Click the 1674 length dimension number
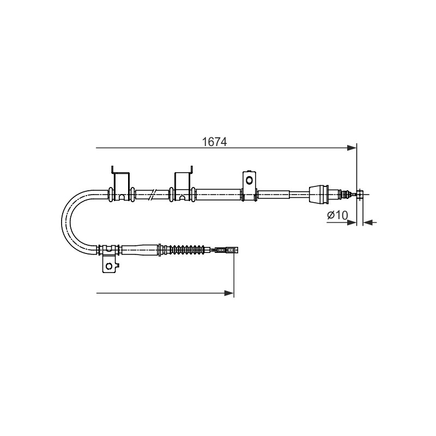point(214,142)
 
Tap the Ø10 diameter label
point(337,215)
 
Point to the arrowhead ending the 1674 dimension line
point(352,148)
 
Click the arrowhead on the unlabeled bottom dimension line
point(229,293)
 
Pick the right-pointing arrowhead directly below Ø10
point(352,222)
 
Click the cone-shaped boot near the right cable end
point(319,195)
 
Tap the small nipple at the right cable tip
point(360,195)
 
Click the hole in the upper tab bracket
point(250,180)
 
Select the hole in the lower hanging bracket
point(109,267)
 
